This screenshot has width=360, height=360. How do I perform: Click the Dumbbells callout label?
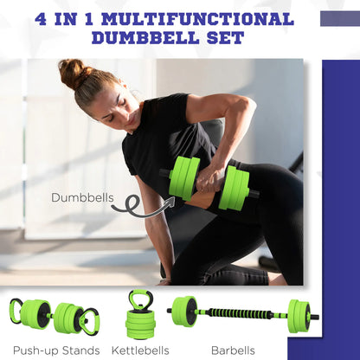point(81,197)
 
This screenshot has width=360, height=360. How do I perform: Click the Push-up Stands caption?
point(56,350)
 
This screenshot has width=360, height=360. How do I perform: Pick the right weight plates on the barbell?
point(299,315)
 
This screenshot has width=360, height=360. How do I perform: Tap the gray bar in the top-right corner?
point(339,19)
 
